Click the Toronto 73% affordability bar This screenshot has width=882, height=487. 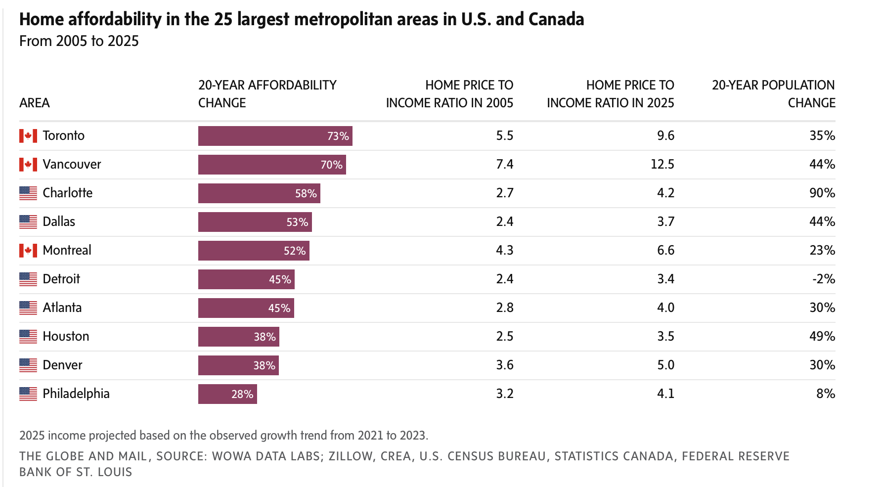pyautogui.click(x=275, y=136)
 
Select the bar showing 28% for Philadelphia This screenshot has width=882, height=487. pyautogui.click(x=227, y=394)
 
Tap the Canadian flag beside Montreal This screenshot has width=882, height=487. pyautogui.click(x=28, y=251)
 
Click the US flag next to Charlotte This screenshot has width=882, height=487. pyautogui.click(x=28, y=193)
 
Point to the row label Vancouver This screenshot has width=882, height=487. pyautogui.click(x=72, y=164)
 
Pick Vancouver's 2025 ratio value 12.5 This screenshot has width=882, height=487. pyautogui.click(x=662, y=164)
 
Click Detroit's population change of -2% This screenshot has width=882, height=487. pyautogui.click(x=823, y=279)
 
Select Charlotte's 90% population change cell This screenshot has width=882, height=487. pyautogui.click(x=822, y=193)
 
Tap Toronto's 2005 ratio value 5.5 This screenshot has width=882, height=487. pyautogui.click(x=504, y=135)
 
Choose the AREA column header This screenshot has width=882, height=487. pyautogui.click(x=35, y=103)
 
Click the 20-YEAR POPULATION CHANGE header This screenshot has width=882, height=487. pyautogui.click(x=773, y=94)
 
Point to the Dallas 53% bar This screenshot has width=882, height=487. pyautogui.click(x=255, y=222)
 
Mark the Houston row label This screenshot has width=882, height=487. pyautogui.click(x=66, y=336)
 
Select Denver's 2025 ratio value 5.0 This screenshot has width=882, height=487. pyautogui.click(x=665, y=365)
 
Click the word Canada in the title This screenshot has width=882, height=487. pyautogui.click(x=556, y=19)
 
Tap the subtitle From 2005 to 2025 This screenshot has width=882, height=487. pyautogui.click(x=79, y=41)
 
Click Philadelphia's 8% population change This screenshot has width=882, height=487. pyautogui.click(x=826, y=394)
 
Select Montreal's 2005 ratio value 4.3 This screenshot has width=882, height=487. pyautogui.click(x=504, y=250)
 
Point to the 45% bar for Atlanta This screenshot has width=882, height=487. pyautogui.click(x=246, y=308)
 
